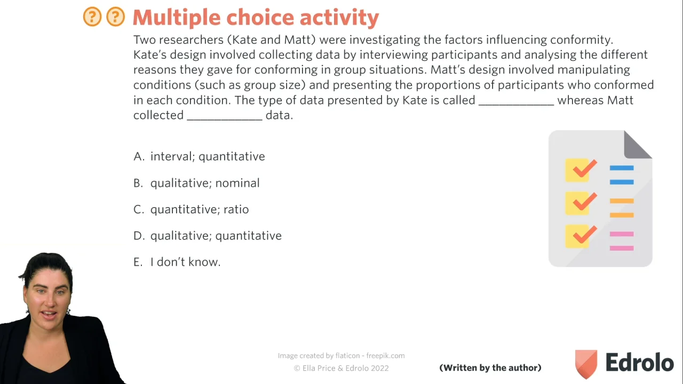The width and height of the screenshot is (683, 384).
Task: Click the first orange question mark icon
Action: pos(92,17)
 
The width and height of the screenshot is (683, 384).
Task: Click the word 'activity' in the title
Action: pos(339,18)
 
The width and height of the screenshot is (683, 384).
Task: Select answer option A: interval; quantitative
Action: pos(199,156)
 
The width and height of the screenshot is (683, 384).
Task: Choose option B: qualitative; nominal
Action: pos(196,183)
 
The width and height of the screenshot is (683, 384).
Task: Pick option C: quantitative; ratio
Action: pos(191,210)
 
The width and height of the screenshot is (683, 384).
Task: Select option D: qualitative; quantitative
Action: pos(208,236)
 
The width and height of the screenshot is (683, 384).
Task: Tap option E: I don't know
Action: pos(177,262)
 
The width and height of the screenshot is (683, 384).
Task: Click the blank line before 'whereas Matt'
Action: pos(516,105)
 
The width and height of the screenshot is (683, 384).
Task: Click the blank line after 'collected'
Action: pos(225,120)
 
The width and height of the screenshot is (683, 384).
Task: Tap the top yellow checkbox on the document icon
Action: pos(577,170)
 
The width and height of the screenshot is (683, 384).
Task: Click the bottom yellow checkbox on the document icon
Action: pos(577,236)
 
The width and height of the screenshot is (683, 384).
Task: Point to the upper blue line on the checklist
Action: pos(622,168)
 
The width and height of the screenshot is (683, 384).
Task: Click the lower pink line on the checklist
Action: pos(622,248)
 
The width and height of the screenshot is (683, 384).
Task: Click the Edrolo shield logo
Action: pos(586,364)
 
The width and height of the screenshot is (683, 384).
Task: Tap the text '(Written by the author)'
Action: pos(490,368)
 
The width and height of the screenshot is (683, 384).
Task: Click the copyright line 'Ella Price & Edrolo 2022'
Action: pos(345,368)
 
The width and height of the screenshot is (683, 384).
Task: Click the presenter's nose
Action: pos(49,302)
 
